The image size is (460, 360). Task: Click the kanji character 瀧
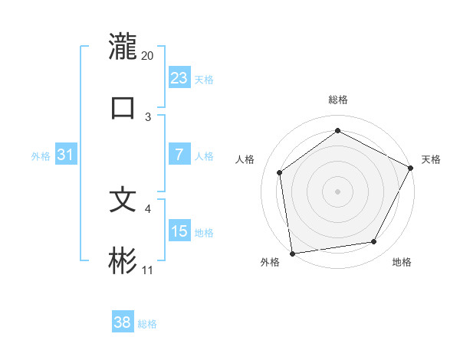click(x=123, y=47)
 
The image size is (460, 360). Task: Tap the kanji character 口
click(x=123, y=107)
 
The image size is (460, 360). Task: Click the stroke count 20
click(x=148, y=56)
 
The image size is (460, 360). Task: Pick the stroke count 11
click(x=148, y=270)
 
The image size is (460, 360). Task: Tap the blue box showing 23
click(x=179, y=77)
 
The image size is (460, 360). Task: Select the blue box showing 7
click(x=179, y=155)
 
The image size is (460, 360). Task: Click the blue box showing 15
click(x=179, y=231)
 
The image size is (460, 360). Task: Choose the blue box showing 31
click(x=66, y=155)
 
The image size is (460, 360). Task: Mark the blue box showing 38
click(x=123, y=322)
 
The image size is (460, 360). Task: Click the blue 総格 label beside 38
click(x=147, y=324)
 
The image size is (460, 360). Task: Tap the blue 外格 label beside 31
click(x=41, y=156)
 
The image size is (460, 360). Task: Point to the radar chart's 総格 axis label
click(x=338, y=100)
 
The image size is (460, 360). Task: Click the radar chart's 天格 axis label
click(x=431, y=159)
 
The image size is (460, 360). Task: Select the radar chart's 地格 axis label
click(x=402, y=262)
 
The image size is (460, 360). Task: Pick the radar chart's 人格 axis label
click(x=245, y=159)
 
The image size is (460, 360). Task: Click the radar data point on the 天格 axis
click(x=412, y=168)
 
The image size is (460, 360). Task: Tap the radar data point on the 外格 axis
click(x=292, y=253)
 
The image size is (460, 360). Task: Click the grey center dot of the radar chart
click(x=338, y=191)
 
